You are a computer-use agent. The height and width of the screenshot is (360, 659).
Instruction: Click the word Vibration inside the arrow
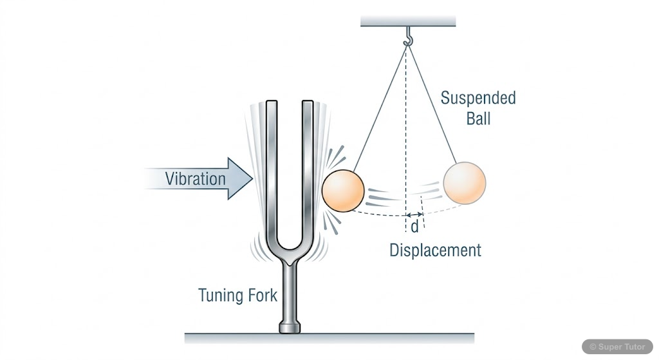pyautogui.click(x=195, y=178)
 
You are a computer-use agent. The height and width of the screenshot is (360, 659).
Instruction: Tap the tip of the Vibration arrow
pyautogui.click(x=252, y=178)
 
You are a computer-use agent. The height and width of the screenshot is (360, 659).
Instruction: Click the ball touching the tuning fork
pyautogui.click(x=342, y=190)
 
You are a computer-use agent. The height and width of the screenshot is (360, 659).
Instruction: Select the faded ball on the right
pyautogui.click(x=464, y=183)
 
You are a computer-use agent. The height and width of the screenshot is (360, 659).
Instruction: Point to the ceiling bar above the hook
pyautogui.click(x=408, y=21)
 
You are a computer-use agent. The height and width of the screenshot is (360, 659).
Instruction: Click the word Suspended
pyautogui.click(x=478, y=99)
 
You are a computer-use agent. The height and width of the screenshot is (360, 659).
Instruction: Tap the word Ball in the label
pyautogui.click(x=477, y=119)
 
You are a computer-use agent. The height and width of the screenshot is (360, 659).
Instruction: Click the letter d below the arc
pyautogui.click(x=414, y=227)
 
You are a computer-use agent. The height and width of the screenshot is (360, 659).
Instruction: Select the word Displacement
pyautogui.click(x=435, y=250)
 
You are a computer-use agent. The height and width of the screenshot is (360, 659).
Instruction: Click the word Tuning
pyautogui.click(x=219, y=296)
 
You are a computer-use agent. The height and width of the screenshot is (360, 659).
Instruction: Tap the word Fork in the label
pyautogui.click(x=262, y=296)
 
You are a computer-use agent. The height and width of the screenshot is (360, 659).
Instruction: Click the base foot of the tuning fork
pyautogui.click(x=290, y=328)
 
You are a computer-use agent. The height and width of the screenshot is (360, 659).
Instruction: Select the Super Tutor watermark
pyautogui.click(x=617, y=346)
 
